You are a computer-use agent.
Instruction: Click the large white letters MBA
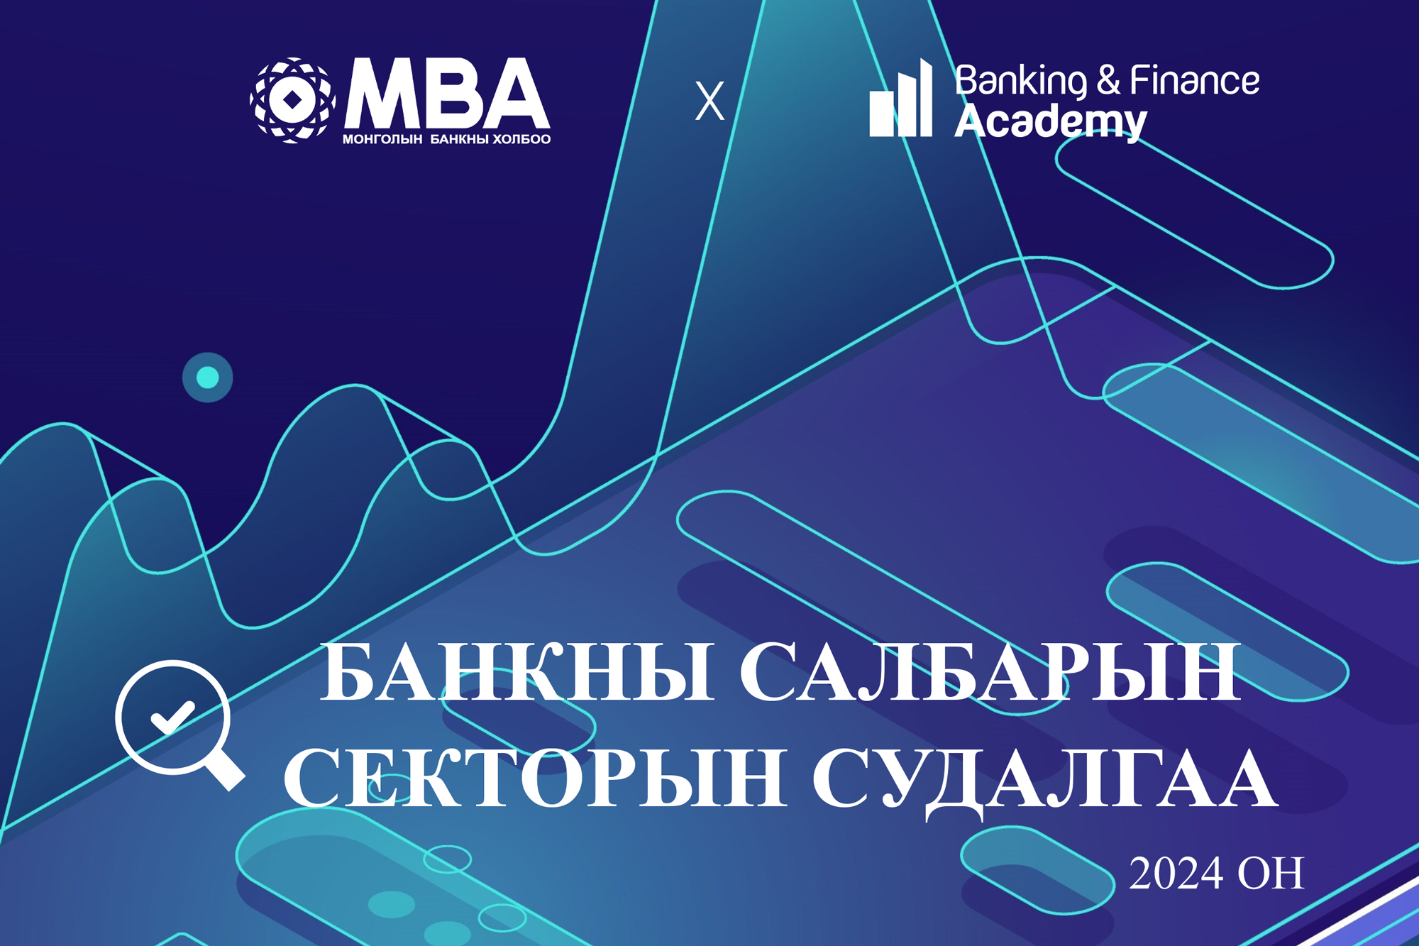tap(447, 94)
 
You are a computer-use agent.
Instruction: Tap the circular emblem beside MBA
tap(292, 100)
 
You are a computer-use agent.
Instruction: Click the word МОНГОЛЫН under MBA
tap(382, 139)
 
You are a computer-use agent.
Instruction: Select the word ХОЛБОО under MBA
tap(521, 139)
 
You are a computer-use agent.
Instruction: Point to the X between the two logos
tap(709, 101)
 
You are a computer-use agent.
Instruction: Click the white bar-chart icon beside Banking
tap(900, 99)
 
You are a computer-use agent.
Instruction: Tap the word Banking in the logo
tap(1020, 81)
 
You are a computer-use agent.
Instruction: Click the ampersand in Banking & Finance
tap(1108, 79)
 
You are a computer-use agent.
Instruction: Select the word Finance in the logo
tap(1195, 80)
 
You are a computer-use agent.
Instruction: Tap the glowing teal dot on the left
tap(207, 377)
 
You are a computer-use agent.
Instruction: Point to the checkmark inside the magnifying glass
tap(172, 717)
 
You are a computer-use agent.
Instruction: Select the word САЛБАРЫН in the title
tap(990, 672)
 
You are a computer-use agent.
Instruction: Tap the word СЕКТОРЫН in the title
tap(536, 778)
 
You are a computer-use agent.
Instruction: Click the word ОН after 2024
tap(1271, 874)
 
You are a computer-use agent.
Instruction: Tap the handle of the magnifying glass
tap(226, 771)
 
